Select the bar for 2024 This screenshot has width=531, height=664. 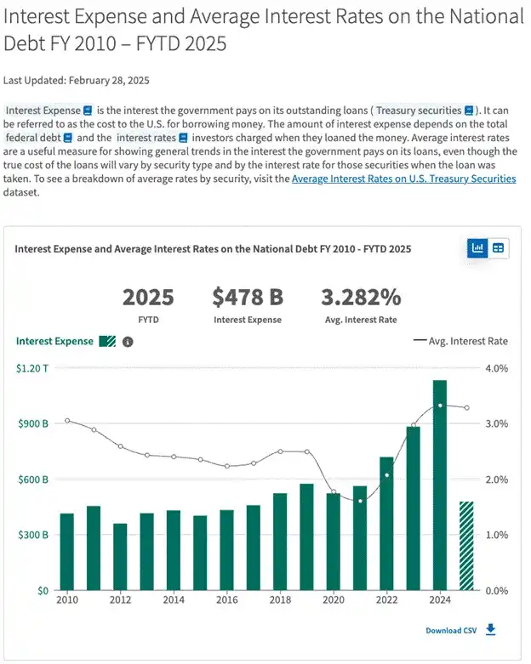point(439,485)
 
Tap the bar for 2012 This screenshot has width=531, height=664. point(120,557)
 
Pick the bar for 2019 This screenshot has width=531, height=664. point(306,536)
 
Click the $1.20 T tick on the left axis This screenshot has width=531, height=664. point(32,368)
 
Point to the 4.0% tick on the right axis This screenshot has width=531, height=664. point(495,368)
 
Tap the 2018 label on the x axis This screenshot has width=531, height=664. point(280,600)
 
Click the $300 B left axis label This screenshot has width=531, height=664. point(32,535)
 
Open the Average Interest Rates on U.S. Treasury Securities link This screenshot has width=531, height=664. point(403,179)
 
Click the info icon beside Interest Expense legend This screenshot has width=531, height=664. point(128,341)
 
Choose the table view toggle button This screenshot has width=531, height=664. point(498,248)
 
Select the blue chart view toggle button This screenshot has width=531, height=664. point(477,248)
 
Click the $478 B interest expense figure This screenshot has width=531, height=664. point(247,298)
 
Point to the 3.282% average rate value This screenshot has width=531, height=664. point(360,298)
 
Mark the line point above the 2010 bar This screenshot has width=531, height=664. point(67,420)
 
